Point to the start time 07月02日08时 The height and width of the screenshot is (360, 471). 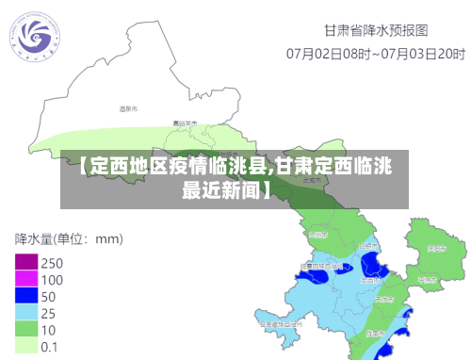click(x=329, y=54)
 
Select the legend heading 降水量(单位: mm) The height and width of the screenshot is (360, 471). click(x=68, y=238)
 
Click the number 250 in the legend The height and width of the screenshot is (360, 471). click(x=53, y=262)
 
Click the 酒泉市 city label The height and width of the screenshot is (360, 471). click(x=128, y=110)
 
